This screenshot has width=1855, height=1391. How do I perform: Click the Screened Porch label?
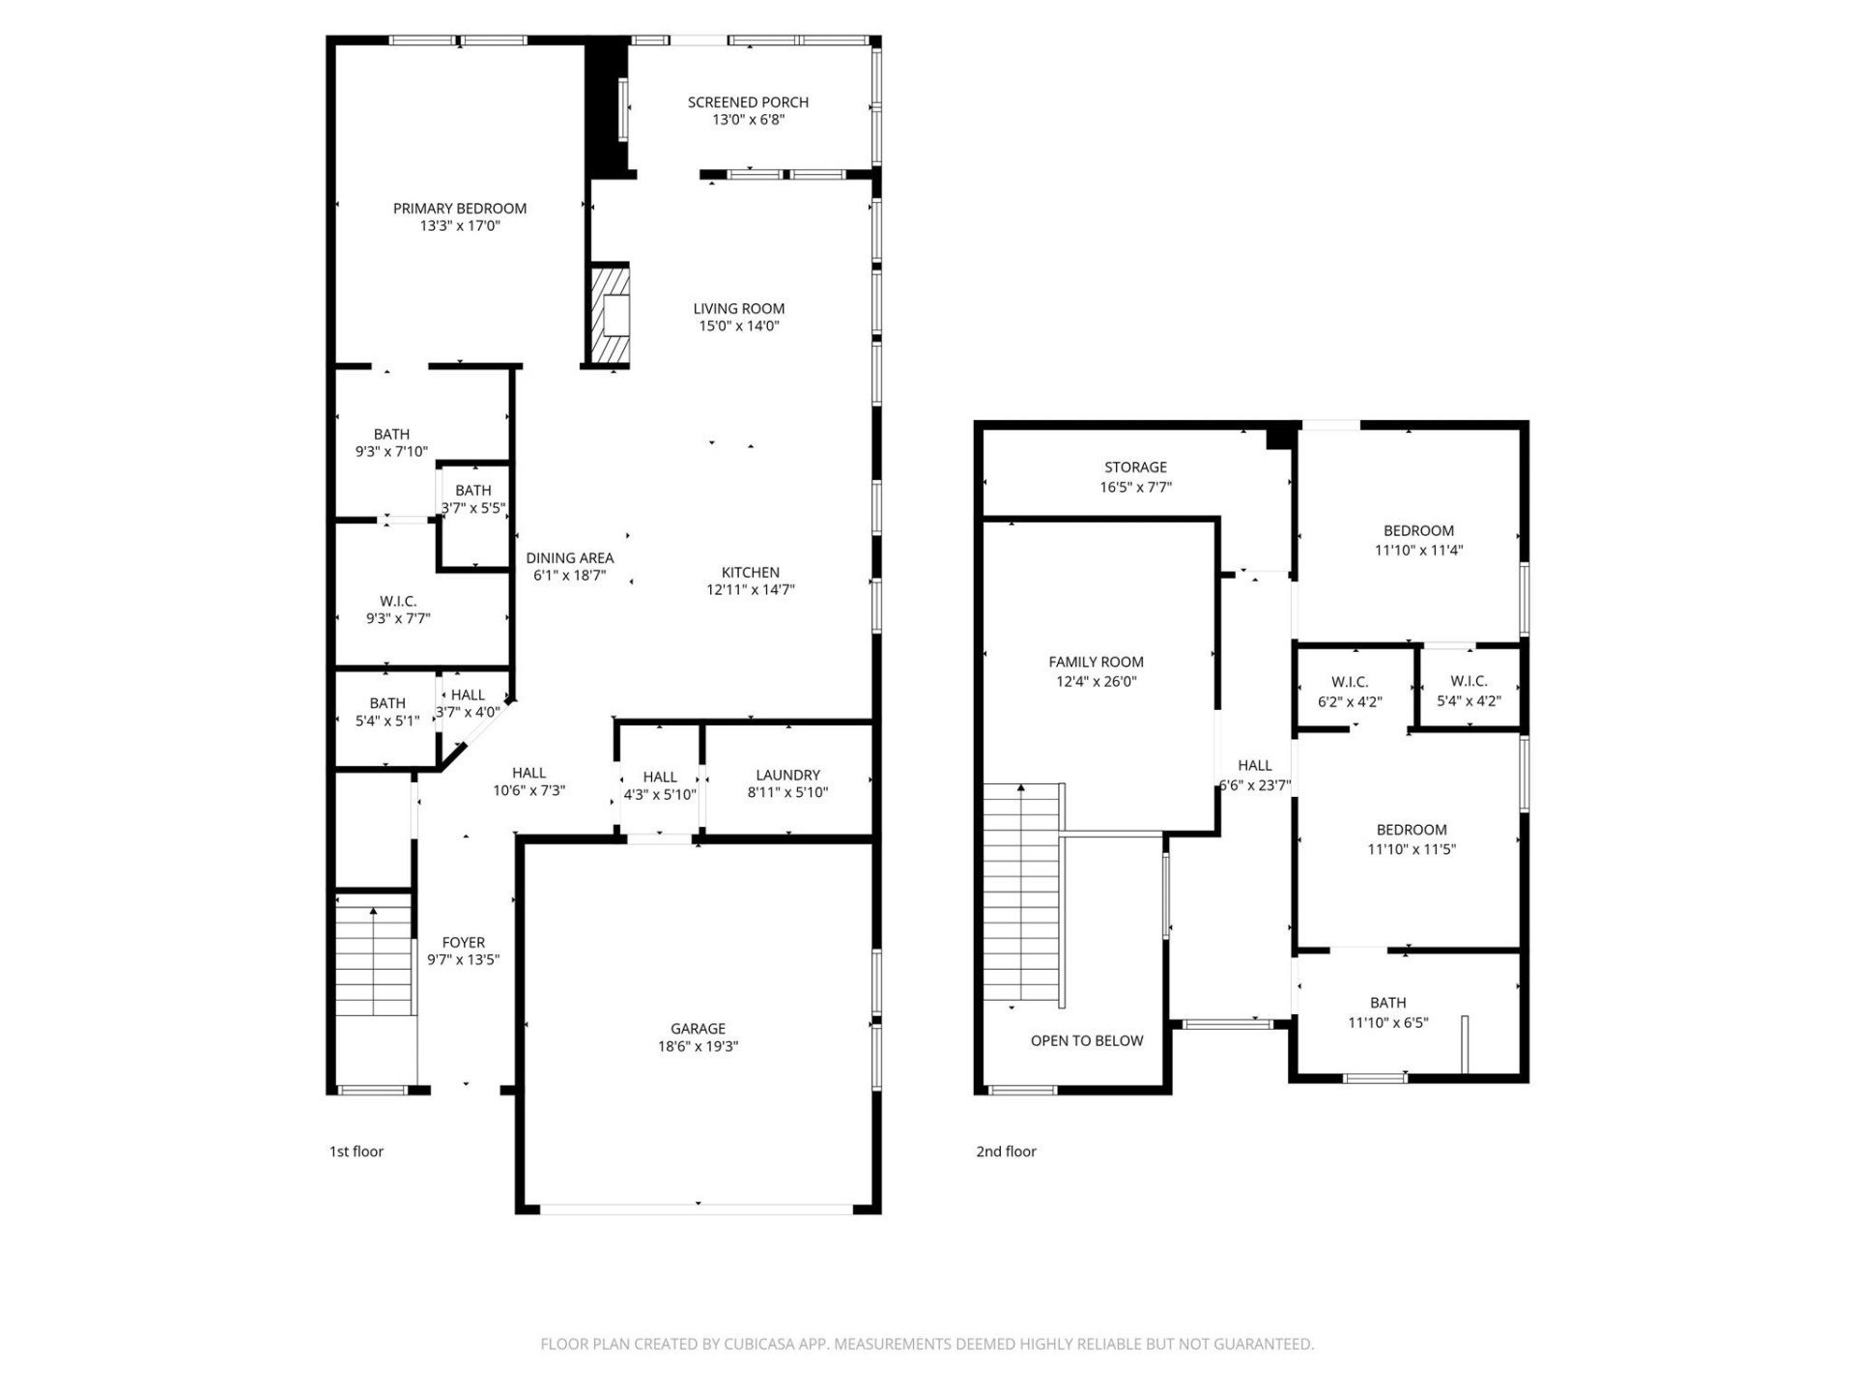pos(748,102)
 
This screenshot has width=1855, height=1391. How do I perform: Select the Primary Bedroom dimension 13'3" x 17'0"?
pos(459,226)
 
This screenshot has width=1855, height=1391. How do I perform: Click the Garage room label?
pos(698,1029)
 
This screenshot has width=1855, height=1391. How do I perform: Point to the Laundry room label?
pos(787,775)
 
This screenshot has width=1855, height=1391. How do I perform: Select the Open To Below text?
pos(1086,1040)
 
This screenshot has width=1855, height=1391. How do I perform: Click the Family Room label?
pos(1096,662)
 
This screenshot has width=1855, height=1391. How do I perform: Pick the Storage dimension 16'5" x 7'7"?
pos(1135,487)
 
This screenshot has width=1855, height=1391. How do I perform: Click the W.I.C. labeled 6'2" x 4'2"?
pos(1350,692)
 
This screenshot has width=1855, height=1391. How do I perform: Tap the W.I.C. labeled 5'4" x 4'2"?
pos(1469,691)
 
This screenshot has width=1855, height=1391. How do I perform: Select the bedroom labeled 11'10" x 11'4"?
pos(1418,540)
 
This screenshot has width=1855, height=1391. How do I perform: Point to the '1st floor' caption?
pos(357,1151)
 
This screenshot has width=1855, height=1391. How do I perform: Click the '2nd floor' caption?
pos(1006,1151)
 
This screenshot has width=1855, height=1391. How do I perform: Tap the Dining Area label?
pos(569,558)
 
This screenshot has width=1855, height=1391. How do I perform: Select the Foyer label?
pos(463,942)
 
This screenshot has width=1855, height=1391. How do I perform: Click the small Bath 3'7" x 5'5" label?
pos(473,491)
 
